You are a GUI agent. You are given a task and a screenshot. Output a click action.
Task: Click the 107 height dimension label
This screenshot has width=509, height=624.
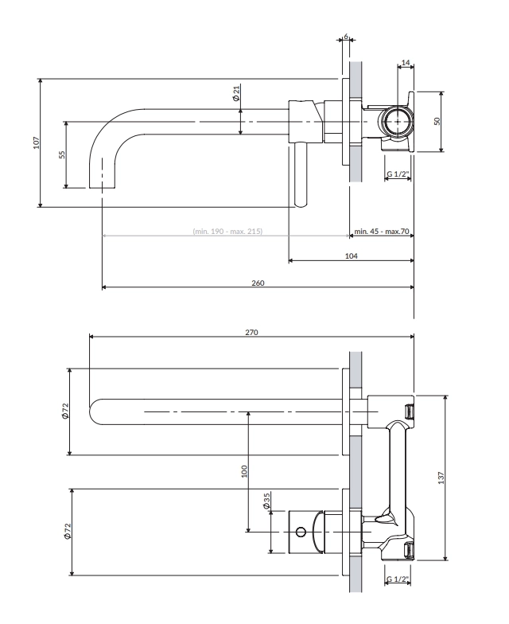click(x=37, y=142)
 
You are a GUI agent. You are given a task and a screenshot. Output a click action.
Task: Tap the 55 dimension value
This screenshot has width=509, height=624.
click(x=62, y=154)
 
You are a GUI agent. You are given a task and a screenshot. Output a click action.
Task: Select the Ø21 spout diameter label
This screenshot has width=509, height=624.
click(x=236, y=92)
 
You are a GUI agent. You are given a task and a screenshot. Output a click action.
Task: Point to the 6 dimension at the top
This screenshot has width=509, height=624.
click(x=346, y=37)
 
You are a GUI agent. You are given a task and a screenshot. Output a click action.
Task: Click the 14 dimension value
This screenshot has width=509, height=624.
click(x=406, y=62)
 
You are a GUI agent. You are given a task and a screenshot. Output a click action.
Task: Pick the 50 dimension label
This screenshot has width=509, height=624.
click(x=437, y=121)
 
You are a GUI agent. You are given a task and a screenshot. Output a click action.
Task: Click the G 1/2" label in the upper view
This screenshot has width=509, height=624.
click(x=398, y=174)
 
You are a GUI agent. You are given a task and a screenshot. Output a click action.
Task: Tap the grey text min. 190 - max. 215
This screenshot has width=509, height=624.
click(x=227, y=231)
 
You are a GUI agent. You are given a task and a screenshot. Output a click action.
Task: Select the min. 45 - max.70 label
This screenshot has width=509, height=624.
click(x=382, y=231)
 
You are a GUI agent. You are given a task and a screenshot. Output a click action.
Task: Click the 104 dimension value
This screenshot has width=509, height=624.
click(x=352, y=256)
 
